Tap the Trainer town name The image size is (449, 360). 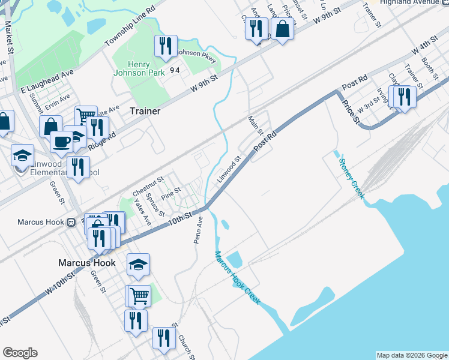[x=145, y=111]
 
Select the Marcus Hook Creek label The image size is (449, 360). [x=237, y=277]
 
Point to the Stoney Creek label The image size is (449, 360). [x=351, y=178]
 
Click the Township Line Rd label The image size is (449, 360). [x=130, y=27]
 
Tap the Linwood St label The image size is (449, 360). [x=229, y=167]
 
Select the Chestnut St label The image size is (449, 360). [x=148, y=185]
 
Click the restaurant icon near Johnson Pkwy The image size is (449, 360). [x=165, y=46]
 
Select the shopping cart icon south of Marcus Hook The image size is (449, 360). [x=139, y=295]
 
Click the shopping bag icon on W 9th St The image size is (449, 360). [x=282, y=28]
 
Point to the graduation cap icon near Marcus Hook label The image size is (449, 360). [x=139, y=264]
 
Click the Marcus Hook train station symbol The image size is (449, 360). [x=71, y=222]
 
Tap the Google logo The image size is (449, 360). [x=20, y=353]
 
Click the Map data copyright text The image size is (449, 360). [x=411, y=355]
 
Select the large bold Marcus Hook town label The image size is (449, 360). [x=86, y=263]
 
